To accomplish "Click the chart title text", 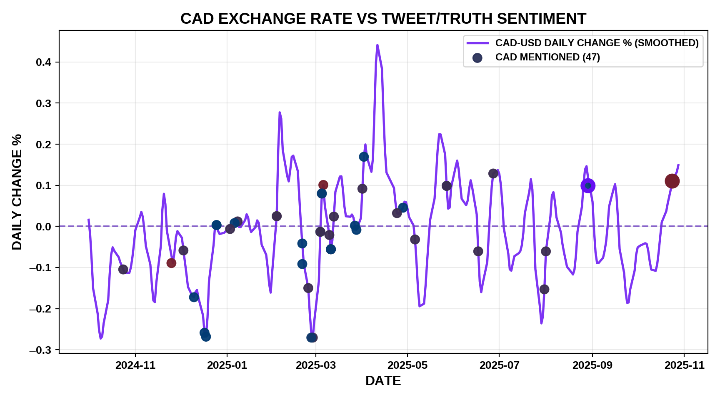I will [x=383, y=19].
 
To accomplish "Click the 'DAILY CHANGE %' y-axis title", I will [x=17, y=192].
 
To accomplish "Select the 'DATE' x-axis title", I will [x=383, y=380].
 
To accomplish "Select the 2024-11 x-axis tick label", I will [x=135, y=365].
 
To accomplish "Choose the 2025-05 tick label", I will [x=407, y=365].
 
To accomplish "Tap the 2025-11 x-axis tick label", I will [x=685, y=365].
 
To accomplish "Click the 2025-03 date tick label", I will [x=316, y=365].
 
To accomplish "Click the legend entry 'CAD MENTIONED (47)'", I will [x=547, y=57].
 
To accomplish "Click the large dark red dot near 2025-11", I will [x=672, y=181].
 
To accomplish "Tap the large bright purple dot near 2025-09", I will [x=587, y=186].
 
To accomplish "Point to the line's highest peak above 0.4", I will [x=377, y=45].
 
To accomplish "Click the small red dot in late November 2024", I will [x=171, y=263].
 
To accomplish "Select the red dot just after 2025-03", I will [x=323, y=185].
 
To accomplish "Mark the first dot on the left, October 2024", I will [x=123, y=270].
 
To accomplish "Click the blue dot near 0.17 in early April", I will [x=364, y=157].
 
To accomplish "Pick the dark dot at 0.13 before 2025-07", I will [x=493, y=174].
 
